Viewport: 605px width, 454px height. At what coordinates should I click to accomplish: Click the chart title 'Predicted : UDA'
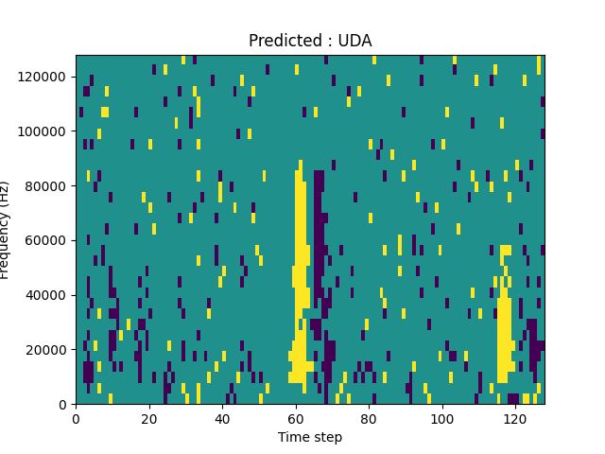[310, 41]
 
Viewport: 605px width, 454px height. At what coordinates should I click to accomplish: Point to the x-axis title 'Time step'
[310, 437]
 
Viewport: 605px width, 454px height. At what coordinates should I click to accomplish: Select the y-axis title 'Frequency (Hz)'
[6, 230]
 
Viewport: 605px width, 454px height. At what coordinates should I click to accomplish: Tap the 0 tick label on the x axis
[76, 418]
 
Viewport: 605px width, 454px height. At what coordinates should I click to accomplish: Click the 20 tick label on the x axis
[149, 418]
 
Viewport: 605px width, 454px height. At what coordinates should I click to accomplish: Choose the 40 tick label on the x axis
[222, 418]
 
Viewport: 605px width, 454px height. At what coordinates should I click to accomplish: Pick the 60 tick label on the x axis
[296, 418]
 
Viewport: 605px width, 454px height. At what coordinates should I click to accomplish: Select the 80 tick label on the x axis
[369, 418]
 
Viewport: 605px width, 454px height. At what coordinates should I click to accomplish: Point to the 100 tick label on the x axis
[442, 418]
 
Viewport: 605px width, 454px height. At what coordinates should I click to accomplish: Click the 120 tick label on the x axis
[515, 418]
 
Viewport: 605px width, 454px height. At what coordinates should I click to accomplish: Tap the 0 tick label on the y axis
[64, 405]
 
